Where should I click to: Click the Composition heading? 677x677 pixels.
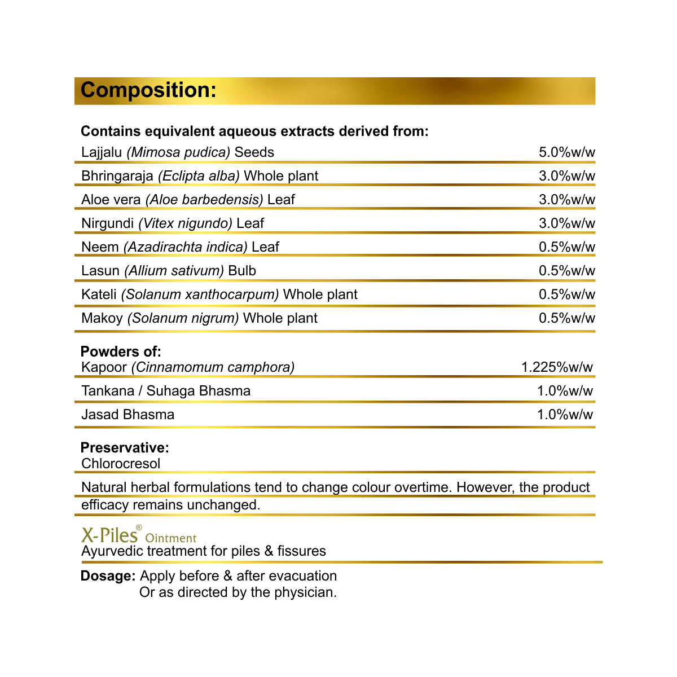[148, 90]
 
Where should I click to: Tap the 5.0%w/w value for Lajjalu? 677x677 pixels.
[566, 152]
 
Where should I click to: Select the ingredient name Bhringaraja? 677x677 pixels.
[117, 176]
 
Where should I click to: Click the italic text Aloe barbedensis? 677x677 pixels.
[204, 200]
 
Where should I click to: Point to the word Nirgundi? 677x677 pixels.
[107, 223]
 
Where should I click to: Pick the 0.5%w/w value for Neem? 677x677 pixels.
[566, 247]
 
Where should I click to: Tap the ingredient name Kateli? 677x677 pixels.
[99, 294]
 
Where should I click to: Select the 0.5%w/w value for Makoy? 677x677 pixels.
[566, 318]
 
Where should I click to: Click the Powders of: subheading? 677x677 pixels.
[121, 351]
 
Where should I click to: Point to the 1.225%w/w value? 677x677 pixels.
[557, 367]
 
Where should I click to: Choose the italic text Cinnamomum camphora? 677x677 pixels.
[213, 367]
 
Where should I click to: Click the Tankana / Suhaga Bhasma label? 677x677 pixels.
[166, 391]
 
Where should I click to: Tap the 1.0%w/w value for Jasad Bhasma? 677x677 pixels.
[565, 415]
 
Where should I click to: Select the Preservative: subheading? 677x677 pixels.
[125, 448]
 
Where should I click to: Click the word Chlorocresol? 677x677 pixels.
[121, 464]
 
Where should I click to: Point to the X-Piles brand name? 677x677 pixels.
[109, 535]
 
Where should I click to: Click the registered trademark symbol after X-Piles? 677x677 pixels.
[139, 527]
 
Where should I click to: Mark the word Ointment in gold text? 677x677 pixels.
[171, 538]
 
